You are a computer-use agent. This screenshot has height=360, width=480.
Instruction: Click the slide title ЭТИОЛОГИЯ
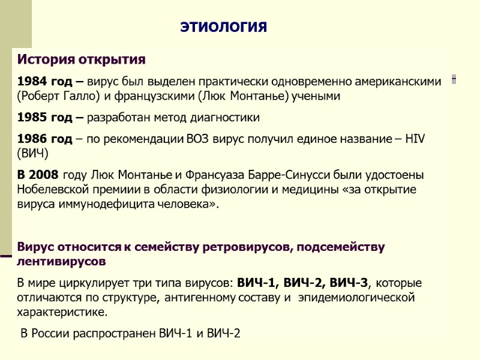pos(224,28)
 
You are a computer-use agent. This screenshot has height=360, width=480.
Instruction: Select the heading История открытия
pos(81,60)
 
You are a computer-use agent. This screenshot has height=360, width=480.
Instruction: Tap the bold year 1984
pos(30,81)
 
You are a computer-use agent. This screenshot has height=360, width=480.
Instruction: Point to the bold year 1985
pos(30,116)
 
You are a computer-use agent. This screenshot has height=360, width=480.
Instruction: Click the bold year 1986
pos(30,139)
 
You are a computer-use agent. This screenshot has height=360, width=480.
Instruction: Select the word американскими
pos(398,81)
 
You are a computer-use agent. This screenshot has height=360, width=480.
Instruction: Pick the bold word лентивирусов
pos(62,262)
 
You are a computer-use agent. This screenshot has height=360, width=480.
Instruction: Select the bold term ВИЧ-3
pos(350,283)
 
